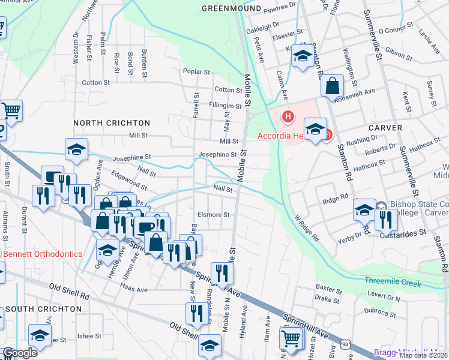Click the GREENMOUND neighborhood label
tap(231, 9)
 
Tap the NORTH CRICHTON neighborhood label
tap(111, 122)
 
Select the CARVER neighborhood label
tap(384, 127)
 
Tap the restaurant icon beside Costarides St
tap(386, 220)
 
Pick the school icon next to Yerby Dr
tap(364, 209)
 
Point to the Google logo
tap(20, 353)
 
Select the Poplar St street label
tap(197, 71)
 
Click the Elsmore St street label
tap(214, 214)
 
